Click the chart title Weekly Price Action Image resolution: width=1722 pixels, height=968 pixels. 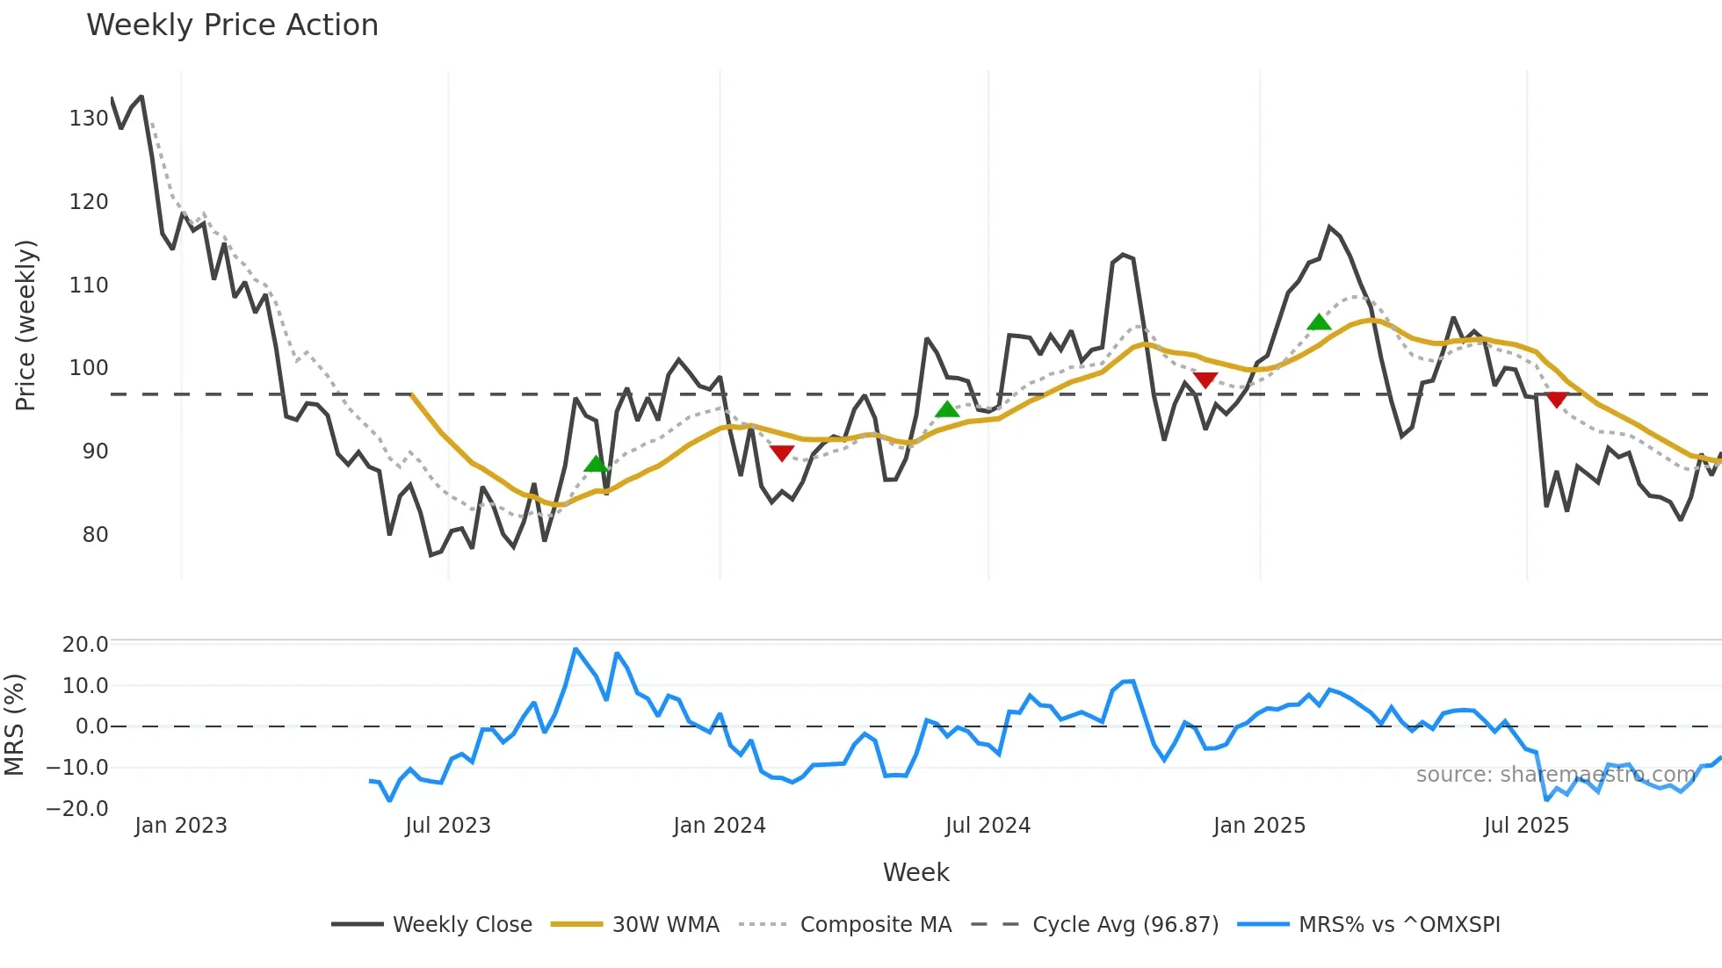point(232,25)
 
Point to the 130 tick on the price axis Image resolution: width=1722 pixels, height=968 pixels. point(89,119)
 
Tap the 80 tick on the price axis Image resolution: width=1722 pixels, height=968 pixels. point(95,535)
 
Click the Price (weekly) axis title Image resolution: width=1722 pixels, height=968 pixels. point(25,325)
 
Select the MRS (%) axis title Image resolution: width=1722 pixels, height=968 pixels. point(14,725)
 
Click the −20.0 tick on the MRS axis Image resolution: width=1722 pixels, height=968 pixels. point(77,809)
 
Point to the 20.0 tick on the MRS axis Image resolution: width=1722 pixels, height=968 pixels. point(85,645)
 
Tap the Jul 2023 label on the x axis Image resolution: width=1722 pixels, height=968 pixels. point(448,826)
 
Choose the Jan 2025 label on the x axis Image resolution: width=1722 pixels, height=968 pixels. point(1259,826)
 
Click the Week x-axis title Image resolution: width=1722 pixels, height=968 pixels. point(915,872)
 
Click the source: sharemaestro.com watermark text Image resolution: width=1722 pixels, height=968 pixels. point(1555,775)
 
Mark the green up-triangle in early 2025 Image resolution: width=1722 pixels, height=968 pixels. point(1319,322)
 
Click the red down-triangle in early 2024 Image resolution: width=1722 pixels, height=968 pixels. point(782,453)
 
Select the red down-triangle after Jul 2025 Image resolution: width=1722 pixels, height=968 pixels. point(1557,400)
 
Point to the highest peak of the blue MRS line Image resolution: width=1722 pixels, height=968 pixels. point(575,649)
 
